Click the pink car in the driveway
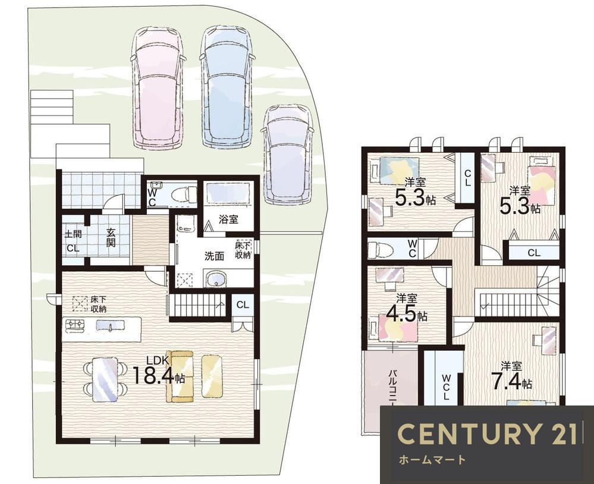[156, 88]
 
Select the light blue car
[226, 87]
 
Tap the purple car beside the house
[288, 155]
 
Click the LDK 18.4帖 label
[159, 371]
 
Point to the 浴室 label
[228, 219]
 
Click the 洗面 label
[214, 256]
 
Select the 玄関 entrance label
[110, 238]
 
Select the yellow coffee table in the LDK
[212, 376]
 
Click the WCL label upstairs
[447, 387]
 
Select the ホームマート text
[432, 460]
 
